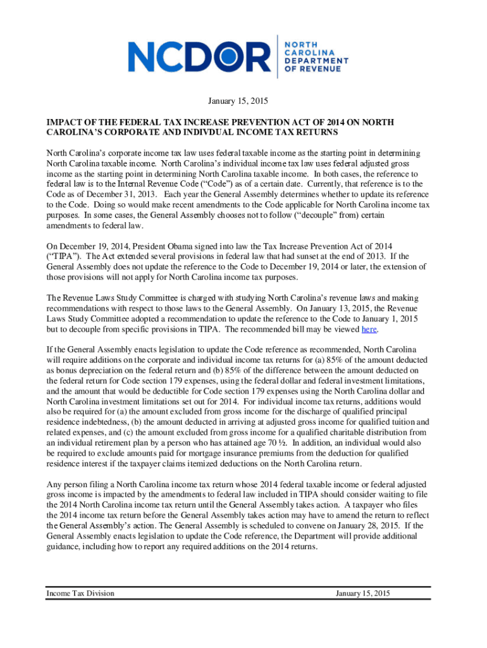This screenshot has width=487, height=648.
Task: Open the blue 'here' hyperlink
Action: pyautogui.click(x=369, y=330)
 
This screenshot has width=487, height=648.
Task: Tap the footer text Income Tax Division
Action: pyautogui.click(x=80, y=593)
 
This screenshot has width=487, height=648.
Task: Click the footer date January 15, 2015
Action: pyautogui.click(x=363, y=593)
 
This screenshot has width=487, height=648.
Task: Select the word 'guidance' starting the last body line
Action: pyautogui.click(x=65, y=547)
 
